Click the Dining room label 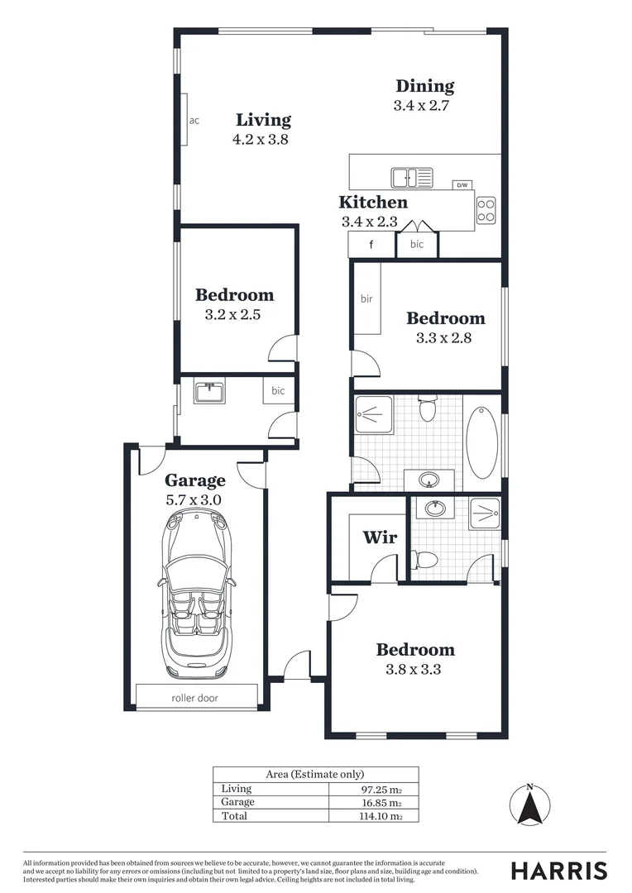click(x=424, y=86)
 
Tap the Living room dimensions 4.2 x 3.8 click(x=261, y=140)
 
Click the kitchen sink click(x=411, y=177)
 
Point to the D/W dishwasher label click(x=462, y=184)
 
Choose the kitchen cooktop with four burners click(x=486, y=210)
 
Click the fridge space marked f click(x=371, y=245)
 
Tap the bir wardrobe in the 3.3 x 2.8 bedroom click(x=367, y=298)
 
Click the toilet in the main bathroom click(x=428, y=408)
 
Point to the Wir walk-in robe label click(x=381, y=537)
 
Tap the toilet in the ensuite click(x=425, y=560)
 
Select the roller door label click(x=195, y=698)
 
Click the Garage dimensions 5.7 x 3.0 click(x=194, y=500)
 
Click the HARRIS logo click(x=558, y=870)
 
